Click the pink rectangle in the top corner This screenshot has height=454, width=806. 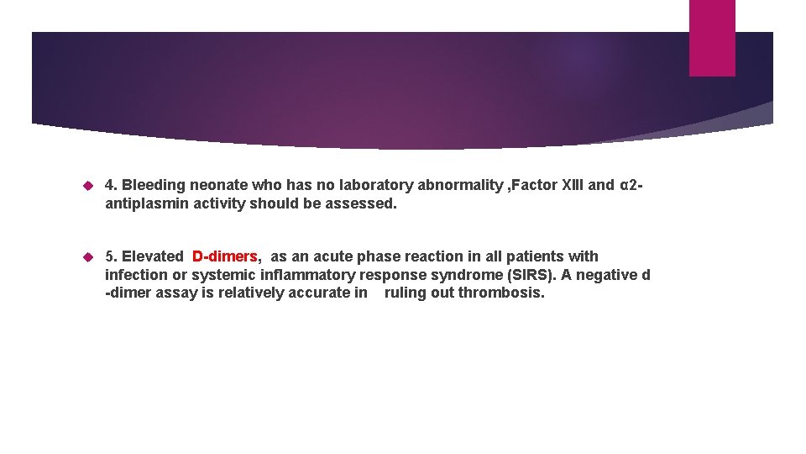712,38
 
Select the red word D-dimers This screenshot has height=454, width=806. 225,256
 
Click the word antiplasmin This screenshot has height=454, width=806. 144,203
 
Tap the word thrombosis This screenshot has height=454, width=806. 502,293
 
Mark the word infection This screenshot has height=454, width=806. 137,275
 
